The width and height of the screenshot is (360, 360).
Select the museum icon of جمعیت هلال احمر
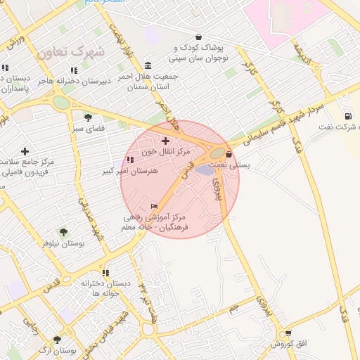pos(147,65)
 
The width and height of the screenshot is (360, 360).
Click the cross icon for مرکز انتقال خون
pos(165,141)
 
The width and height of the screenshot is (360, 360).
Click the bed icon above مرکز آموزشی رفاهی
pos(155,206)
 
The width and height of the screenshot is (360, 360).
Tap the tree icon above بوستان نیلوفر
pos(63,232)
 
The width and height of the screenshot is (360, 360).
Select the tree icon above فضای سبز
pos(88,117)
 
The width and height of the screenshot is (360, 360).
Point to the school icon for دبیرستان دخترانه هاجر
pos(74,70)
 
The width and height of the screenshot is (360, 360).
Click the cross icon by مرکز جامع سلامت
pos(25,151)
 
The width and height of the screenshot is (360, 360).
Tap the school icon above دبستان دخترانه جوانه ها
pos(105,273)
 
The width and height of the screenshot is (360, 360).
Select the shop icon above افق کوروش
pos(288,333)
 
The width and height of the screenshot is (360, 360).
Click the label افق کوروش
pos(288,344)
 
